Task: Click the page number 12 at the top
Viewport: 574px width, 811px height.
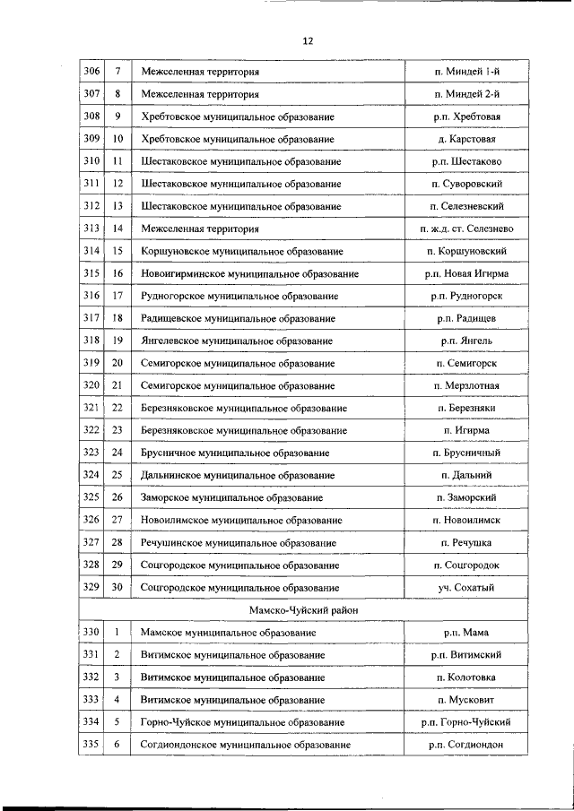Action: point(308,40)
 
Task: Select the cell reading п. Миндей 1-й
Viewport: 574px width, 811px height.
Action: point(466,71)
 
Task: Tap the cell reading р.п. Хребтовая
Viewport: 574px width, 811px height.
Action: point(466,116)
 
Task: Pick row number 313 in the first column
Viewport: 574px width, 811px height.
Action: point(91,229)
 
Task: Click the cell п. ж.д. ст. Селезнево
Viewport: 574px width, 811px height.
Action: point(466,229)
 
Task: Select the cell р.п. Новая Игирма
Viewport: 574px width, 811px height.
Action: point(466,273)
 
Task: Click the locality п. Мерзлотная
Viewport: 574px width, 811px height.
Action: point(466,385)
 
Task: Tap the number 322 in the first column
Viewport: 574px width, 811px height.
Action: point(91,430)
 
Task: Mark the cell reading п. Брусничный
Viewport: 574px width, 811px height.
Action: point(466,453)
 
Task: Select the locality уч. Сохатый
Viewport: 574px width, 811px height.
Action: point(466,587)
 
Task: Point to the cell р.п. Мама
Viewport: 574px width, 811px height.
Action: point(466,633)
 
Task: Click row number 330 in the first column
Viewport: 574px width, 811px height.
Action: point(91,633)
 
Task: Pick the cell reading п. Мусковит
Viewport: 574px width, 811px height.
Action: point(466,700)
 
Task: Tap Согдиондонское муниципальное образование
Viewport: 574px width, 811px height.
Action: point(245,744)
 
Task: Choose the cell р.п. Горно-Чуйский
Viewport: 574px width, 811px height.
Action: point(466,721)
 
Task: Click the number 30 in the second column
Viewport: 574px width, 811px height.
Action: point(117,587)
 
